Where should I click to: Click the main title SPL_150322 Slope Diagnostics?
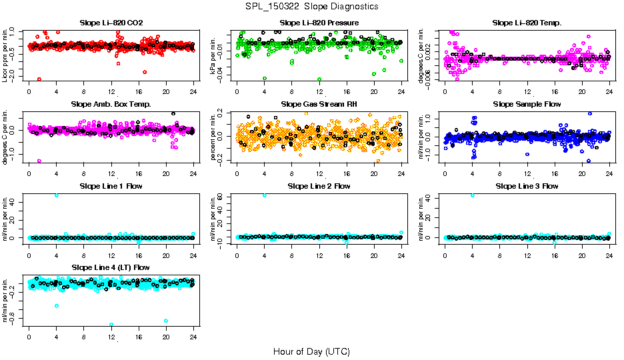(312, 6)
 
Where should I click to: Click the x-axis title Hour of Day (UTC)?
(311, 351)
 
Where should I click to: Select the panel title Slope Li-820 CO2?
(111, 23)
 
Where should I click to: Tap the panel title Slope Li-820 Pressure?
(319, 23)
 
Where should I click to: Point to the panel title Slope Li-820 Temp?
(527, 23)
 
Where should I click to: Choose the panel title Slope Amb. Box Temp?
(111, 104)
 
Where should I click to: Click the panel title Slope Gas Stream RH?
(319, 104)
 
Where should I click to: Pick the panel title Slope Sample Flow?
(527, 104)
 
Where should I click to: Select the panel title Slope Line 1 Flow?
(111, 186)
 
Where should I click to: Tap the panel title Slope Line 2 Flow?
(319, 186)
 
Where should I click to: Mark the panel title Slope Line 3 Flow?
(527, 186)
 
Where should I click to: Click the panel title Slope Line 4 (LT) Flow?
(111, 267)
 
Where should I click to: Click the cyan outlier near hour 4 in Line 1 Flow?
(57, 195)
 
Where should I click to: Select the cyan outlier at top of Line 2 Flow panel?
(265, 195)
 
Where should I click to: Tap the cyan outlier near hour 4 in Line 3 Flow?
(473, 195)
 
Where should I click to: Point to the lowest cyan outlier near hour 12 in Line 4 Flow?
(111, 325)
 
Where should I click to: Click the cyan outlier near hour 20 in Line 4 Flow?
(165, 321)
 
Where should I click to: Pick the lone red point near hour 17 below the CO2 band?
(145, 71)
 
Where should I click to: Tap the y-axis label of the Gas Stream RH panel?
(215, 135)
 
